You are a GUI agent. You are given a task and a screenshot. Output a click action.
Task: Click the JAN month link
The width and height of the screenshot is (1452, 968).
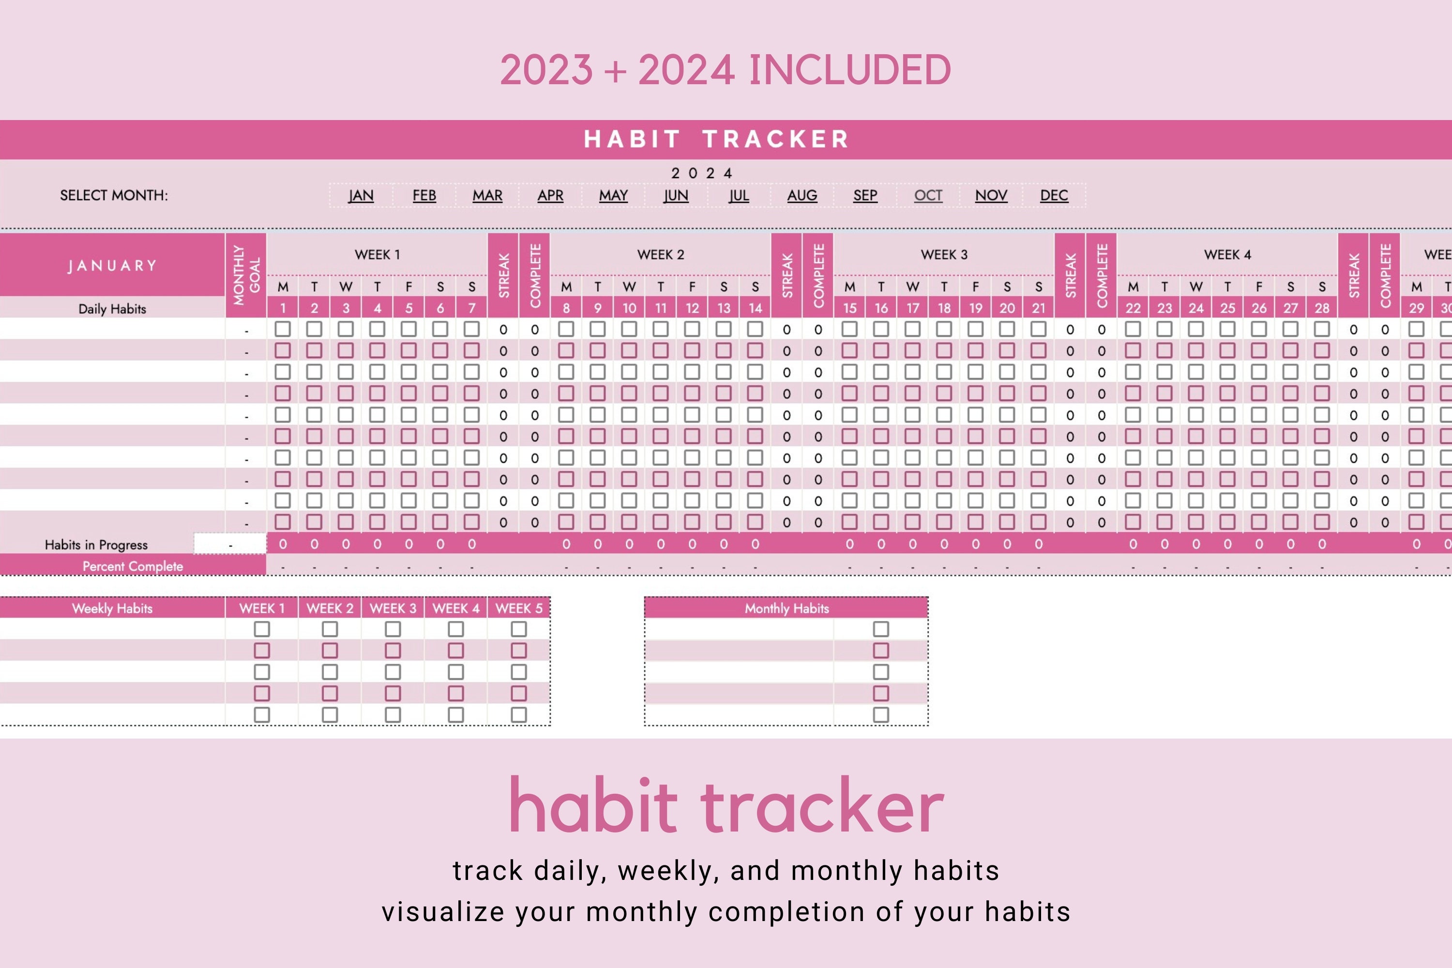click(x=361, y=196)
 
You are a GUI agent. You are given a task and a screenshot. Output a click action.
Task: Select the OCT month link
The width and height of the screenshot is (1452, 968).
click(x=928, y=196)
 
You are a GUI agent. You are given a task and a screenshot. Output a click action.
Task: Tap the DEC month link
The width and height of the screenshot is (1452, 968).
click(x=1054, y=196)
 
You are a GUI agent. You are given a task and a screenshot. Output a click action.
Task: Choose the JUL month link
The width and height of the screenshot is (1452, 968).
click(x=739, y=196)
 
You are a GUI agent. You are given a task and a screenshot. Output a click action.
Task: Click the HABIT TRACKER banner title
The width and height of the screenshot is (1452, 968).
click(x=716, y=139)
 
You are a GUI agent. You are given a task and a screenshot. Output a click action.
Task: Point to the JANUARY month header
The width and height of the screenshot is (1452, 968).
click(x=112, y=266)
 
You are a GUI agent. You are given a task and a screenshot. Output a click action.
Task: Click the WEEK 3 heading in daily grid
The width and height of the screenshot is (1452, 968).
click(x=944, y=255)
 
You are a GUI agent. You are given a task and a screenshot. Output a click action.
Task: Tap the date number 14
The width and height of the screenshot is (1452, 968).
click(x=755, y=308)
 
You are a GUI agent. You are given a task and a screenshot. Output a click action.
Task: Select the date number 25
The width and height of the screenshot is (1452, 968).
click(x=1227, y=308)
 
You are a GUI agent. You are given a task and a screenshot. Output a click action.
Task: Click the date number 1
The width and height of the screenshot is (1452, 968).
click(x=283, y=308)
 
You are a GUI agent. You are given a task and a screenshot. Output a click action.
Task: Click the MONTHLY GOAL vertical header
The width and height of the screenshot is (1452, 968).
click(x=246, y=275)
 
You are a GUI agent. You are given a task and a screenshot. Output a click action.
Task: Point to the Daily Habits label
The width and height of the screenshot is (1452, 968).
click(x=112, y=309)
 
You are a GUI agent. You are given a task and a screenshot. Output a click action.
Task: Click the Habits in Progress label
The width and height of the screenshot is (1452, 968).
click(x=96, y=544)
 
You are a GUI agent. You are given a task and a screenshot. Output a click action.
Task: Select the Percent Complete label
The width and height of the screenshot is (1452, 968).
click(x=133, y=566)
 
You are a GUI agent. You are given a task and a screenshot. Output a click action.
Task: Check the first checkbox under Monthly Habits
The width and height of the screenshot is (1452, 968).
click(x=881, y=629)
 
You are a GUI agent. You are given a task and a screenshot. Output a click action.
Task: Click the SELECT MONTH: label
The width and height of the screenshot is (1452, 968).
click(x=114, y=196)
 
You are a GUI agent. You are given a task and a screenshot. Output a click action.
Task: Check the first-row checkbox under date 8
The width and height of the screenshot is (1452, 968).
click(x=566, y=329)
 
